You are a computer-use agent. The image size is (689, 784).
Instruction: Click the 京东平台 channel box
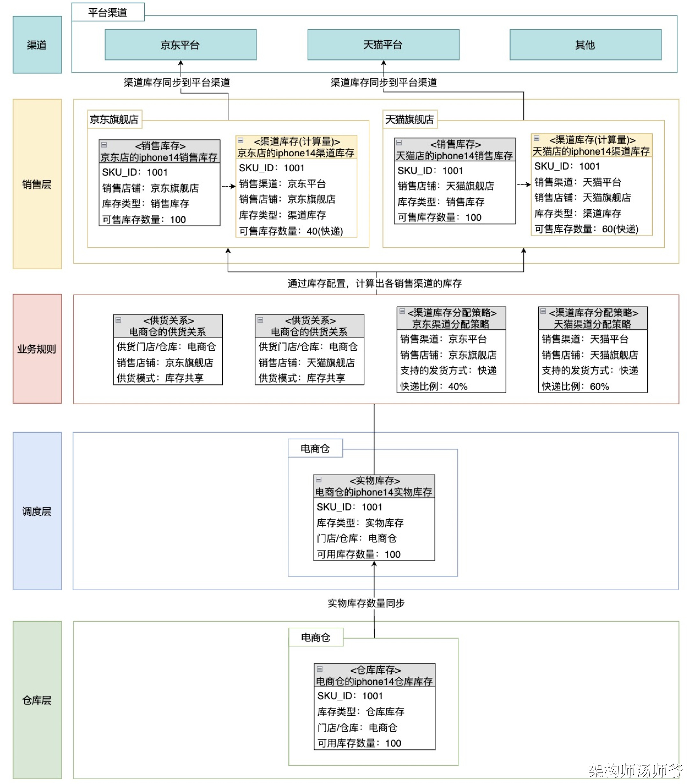[x=181, y=45]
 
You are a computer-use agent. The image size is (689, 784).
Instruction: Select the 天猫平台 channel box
[x=383, y=45]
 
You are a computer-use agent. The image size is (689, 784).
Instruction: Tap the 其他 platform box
[x=585, y=45]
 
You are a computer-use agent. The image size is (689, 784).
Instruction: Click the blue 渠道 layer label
[x=37, y=45]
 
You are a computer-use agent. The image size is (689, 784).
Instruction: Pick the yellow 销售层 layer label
[x=37, y=184]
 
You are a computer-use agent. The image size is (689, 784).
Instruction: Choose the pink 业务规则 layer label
[x=37, y=349]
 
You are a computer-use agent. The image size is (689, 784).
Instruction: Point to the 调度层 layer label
[x=37, y=511]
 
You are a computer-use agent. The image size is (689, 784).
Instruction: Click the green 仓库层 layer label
[x=37, y=700]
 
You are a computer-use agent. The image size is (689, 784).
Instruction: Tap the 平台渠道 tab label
[x=108, y=13]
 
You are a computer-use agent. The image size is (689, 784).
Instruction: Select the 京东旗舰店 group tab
[x=114, y=119]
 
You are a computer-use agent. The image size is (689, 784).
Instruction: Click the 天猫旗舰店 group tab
[x=410, y=119]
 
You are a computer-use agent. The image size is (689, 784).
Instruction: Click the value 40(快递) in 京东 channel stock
[x=325, y=231]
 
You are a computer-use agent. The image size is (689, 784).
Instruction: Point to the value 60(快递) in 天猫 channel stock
[x=620, y=229]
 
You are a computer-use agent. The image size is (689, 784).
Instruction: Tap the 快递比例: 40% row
[x=433, y=386]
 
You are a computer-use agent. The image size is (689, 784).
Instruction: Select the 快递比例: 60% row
[x=575, y=386]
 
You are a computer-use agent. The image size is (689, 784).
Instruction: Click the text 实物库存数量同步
[x=366, y=603]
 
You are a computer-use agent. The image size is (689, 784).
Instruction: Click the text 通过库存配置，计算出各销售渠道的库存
[x=374, y=283]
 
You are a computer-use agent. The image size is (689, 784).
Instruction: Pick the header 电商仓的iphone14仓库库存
[x=374, y=682]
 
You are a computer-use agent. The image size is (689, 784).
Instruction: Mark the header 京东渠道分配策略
[x=451, y=324]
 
